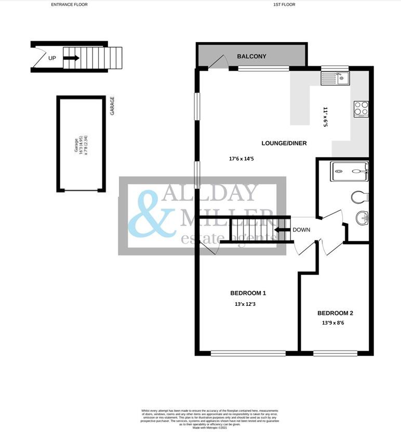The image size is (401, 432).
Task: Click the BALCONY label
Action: click(251, 56)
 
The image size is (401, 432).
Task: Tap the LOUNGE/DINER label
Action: click(281, 143)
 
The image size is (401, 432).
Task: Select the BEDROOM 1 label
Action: click(248, 293)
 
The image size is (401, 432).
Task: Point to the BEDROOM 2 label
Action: click(335, 313)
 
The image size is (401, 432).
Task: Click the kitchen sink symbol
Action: click(336, 78)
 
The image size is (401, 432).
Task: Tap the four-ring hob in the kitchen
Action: click(361, 108)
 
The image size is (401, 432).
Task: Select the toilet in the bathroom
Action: click(360, 197)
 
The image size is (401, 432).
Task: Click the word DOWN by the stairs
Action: click(301, 230)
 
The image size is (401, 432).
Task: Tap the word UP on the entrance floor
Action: click(52, 58)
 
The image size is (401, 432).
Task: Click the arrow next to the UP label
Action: click(71, 58)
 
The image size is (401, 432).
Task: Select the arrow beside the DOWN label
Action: click(282, 230)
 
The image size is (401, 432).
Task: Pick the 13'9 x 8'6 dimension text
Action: click(333, 323)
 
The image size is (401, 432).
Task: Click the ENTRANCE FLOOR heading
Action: click(69, 4)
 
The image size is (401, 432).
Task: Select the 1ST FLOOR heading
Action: click(284, 4)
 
